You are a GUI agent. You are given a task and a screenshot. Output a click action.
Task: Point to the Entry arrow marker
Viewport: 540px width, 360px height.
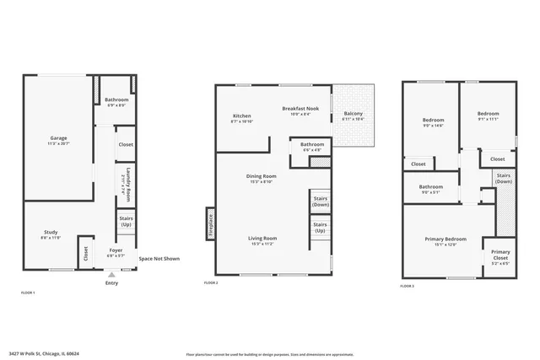(112, 274)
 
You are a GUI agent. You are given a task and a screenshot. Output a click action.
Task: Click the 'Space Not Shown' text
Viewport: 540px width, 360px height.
(159, 259)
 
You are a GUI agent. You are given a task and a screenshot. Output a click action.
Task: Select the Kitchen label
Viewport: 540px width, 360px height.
(241, 117)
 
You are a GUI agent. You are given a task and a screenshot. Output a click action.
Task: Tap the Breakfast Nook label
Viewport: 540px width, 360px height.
(300, 109)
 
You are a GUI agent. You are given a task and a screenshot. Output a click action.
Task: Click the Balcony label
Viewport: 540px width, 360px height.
(354, 116)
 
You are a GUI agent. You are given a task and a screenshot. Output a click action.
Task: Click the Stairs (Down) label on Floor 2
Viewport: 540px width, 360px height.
(321, 201)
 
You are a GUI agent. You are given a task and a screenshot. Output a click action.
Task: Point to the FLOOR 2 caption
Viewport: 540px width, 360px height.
(211, 282)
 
